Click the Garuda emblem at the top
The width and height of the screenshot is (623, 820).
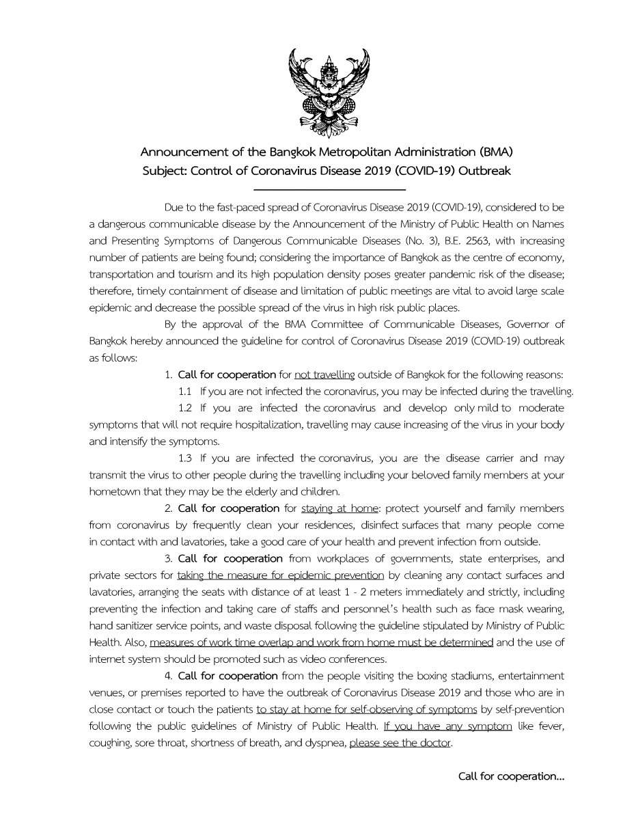(329, 92)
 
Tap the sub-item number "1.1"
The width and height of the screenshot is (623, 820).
(186, 392)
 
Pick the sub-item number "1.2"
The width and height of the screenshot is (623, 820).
(186, 408)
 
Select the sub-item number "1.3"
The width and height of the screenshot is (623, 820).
(186, 458)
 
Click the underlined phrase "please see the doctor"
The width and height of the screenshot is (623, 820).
(400, 742)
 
